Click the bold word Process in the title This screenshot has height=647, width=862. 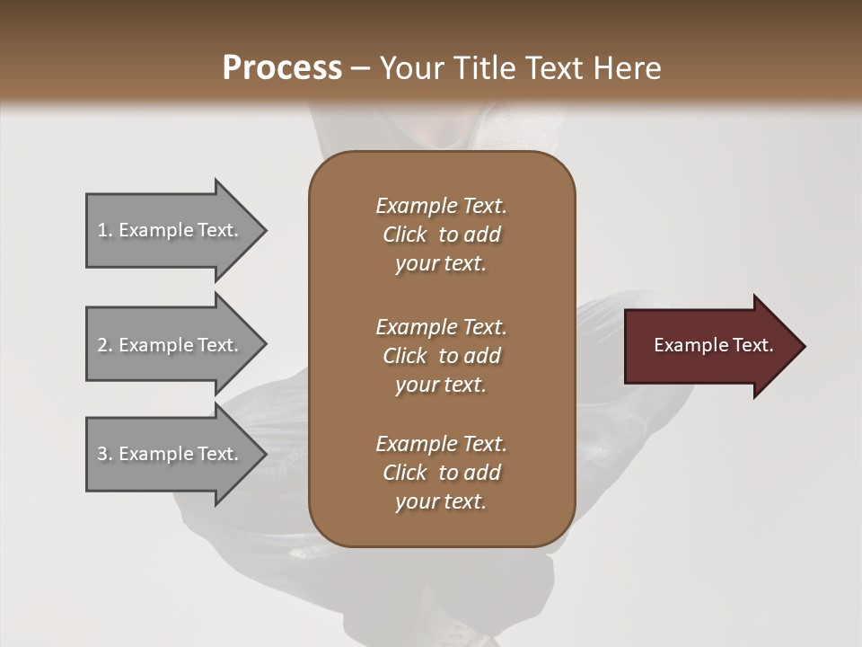click(x=282, y=68)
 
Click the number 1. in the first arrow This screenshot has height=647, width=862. click(x=105, y=230)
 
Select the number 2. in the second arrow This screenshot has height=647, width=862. click(x=105, y=345)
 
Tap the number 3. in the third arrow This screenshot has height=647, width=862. click(x=105, y=454)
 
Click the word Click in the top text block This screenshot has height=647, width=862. click(x=405, y=235)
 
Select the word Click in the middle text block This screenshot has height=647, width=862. click(x=405, y=356)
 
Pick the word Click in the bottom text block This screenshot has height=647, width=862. click(x=405, y=473)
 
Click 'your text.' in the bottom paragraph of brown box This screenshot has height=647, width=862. click(x=441, y=501)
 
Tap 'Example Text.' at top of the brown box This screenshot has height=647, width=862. click(x=441, y=206)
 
